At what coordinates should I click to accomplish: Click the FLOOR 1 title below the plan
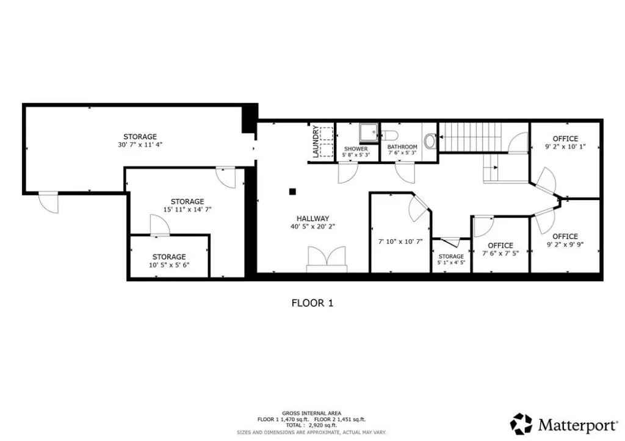[312, 303]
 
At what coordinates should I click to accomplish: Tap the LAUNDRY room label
[316, 142]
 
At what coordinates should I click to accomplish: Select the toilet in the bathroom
[389, 135]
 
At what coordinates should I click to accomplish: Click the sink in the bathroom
[430, 141]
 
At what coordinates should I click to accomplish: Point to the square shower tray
[369, 132]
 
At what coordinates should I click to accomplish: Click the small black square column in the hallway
[292, 192]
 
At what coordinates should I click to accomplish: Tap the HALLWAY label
[313, 219]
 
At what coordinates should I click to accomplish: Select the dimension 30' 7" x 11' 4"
[140, 145]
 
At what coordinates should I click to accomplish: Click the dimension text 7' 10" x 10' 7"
[400, 242]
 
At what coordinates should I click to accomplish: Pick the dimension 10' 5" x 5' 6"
[169, 265]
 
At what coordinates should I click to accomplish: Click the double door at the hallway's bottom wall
[327, 258]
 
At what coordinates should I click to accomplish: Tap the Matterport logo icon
[521, 423]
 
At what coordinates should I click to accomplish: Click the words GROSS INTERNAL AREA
[311, 414]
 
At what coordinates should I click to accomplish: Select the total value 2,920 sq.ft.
[323, 426]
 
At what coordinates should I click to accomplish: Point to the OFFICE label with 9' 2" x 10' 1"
[565, 138]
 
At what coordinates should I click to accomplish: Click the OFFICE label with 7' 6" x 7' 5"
[500, 245]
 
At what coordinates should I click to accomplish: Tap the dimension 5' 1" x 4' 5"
[451, 263]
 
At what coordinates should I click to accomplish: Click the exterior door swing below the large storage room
[49, 203]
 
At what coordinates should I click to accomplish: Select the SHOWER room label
[356, 149]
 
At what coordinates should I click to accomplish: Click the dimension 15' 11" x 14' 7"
[187, 209]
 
